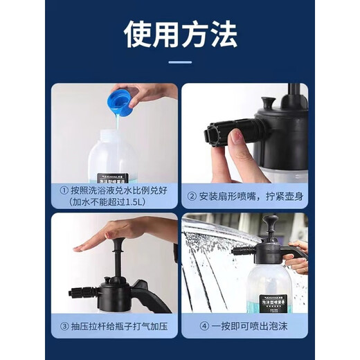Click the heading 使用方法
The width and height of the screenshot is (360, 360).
180,33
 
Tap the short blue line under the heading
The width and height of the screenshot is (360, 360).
180,62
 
